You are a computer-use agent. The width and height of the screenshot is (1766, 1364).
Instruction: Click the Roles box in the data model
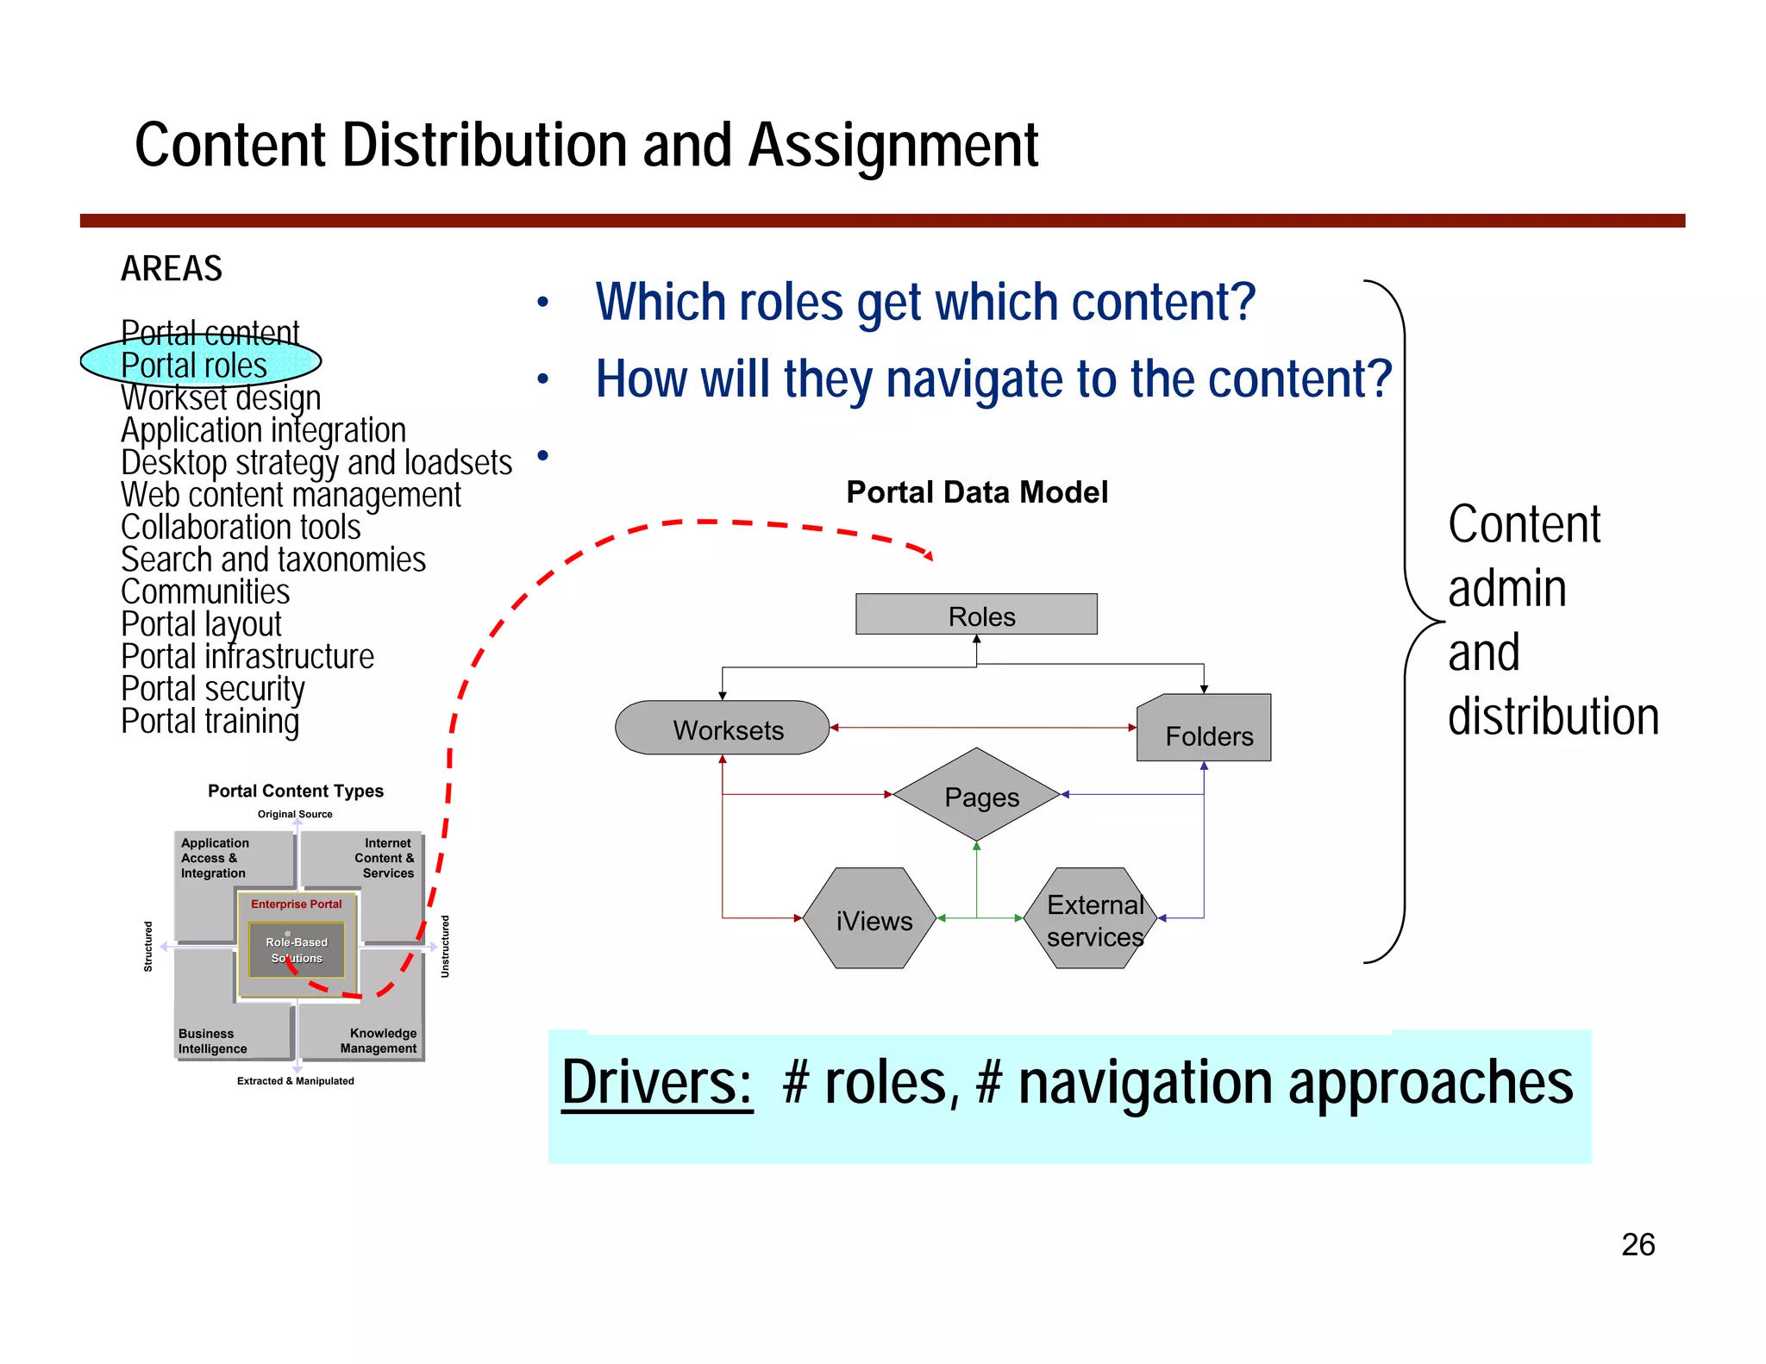click(976, 615)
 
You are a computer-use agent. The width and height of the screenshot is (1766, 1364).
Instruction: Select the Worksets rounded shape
click(723, 729)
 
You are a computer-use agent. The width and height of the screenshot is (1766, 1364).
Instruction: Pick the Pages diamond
click(978, 796)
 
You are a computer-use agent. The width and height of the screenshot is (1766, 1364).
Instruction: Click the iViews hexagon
click(870, 919)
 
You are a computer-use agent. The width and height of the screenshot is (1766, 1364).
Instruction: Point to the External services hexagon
click(1093, 919)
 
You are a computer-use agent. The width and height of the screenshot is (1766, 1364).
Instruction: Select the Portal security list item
click(212, 689)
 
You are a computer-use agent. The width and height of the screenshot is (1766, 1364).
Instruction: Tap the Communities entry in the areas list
click(204, 592)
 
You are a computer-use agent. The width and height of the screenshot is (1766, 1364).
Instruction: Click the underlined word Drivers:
click(656, 1083)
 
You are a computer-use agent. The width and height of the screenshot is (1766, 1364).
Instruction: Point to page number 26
click(1637, 1244)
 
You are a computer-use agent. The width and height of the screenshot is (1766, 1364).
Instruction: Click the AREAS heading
click(172, 268)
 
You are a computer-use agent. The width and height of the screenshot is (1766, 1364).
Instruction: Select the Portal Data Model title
click(976, 492)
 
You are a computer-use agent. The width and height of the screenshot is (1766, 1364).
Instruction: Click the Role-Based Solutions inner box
click(296, 949)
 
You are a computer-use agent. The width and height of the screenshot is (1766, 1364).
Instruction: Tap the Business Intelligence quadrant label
click(212, 1041)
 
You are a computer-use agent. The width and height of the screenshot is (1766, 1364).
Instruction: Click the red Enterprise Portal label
click(296, 904)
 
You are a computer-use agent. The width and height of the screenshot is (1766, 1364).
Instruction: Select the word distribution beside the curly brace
click(1552, 716)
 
